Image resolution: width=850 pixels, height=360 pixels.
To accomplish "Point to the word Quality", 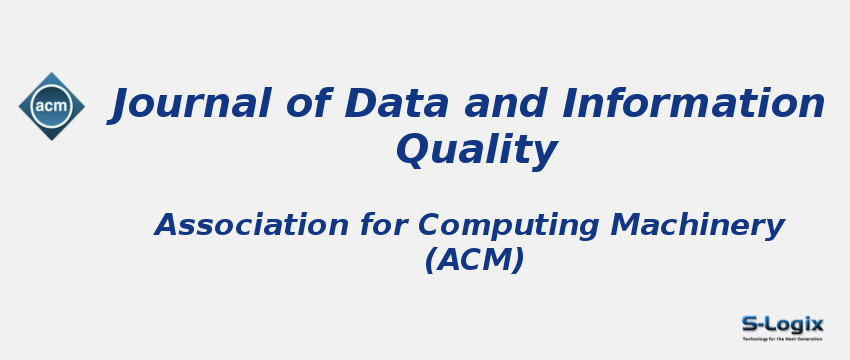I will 476,151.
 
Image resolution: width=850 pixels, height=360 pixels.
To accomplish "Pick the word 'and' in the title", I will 494,104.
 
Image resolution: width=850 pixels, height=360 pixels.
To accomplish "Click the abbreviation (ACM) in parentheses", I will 474,260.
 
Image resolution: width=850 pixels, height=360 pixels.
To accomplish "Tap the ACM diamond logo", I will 51,106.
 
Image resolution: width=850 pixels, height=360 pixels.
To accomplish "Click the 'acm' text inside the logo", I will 51,106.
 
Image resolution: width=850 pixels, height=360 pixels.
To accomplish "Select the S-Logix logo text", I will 782,323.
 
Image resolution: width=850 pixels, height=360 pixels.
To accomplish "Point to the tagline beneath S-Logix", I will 782,339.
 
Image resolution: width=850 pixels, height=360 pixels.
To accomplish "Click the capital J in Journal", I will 125,104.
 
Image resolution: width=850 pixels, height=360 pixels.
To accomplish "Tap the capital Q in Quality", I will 414,150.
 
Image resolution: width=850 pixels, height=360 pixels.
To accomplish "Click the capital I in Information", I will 572,104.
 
